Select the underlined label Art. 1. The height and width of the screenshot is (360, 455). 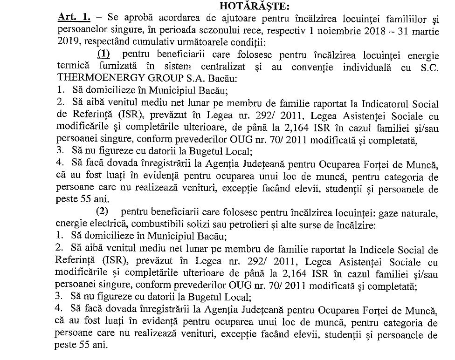[75, 18]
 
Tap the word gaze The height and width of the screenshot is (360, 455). [389, 213]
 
